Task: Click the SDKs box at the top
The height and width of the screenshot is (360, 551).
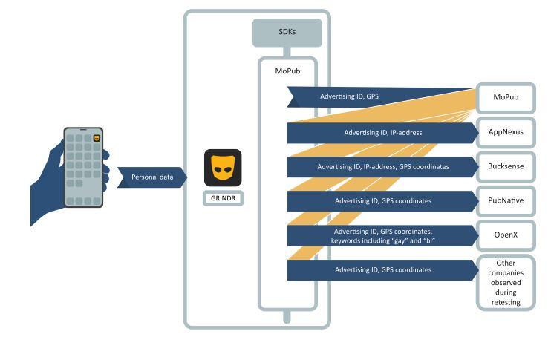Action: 287,33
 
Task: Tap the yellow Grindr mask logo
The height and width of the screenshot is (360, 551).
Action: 223,168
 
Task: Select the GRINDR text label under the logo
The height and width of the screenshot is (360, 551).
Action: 223,198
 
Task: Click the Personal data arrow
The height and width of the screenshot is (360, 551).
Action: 151,177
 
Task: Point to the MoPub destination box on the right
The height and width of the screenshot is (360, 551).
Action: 505,97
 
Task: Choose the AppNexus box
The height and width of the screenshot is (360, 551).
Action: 506,132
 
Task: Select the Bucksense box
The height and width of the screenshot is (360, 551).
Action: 506,166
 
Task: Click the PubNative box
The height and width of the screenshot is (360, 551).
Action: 506,200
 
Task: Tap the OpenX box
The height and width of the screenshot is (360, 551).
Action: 506,235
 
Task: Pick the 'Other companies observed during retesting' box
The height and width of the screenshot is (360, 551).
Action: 506,282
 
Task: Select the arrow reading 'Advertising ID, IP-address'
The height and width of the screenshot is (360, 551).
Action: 382,133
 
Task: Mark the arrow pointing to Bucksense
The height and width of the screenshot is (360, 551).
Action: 382,167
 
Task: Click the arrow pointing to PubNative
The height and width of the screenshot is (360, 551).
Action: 382,201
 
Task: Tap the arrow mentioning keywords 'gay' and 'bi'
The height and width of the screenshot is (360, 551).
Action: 382,235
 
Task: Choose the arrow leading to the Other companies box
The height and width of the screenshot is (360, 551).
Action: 382,269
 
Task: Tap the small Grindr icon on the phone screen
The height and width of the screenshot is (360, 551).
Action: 97,138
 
